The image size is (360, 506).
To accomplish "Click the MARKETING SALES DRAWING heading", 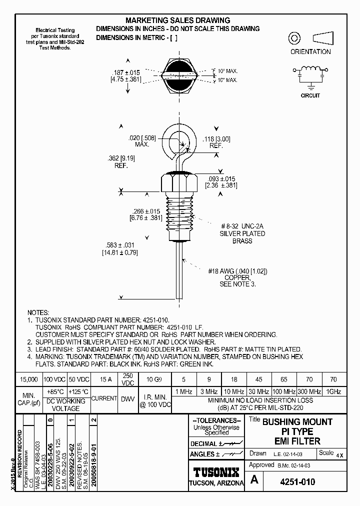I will (x=177, y=20).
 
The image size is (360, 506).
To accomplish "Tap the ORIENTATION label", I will (x=310, y=51).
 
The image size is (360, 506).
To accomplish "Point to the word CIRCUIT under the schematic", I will (x=310, y=95).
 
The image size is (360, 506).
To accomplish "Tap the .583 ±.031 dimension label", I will (x=120, y=244).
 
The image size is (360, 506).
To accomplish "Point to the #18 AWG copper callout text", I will (x=237, y=271).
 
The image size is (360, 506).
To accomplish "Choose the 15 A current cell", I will (x=103, y=379).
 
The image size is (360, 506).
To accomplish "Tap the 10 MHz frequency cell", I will (x=234, y=391).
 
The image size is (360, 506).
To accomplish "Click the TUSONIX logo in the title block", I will (x=216, y=471).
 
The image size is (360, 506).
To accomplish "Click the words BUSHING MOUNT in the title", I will (x=297, y=422).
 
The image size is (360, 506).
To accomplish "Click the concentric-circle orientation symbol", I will (x=294, y=38).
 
